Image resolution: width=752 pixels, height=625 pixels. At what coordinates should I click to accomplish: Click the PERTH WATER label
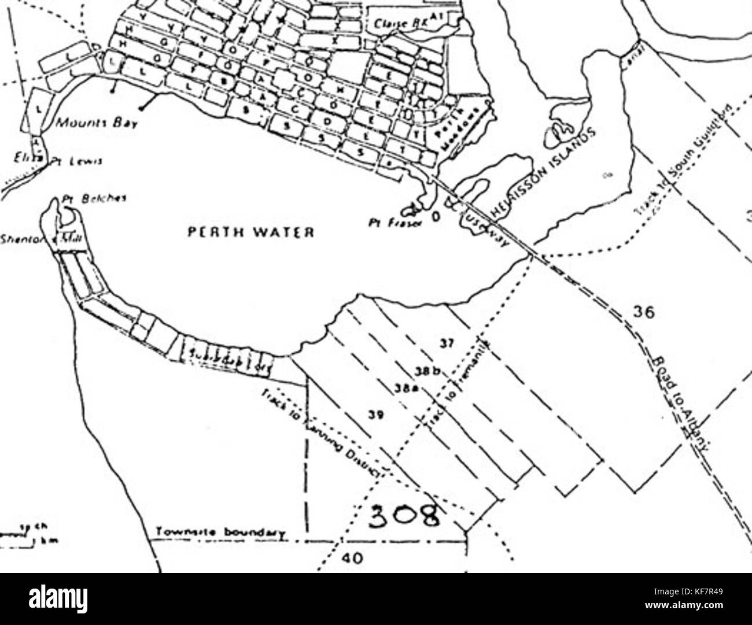pos(250,232)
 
